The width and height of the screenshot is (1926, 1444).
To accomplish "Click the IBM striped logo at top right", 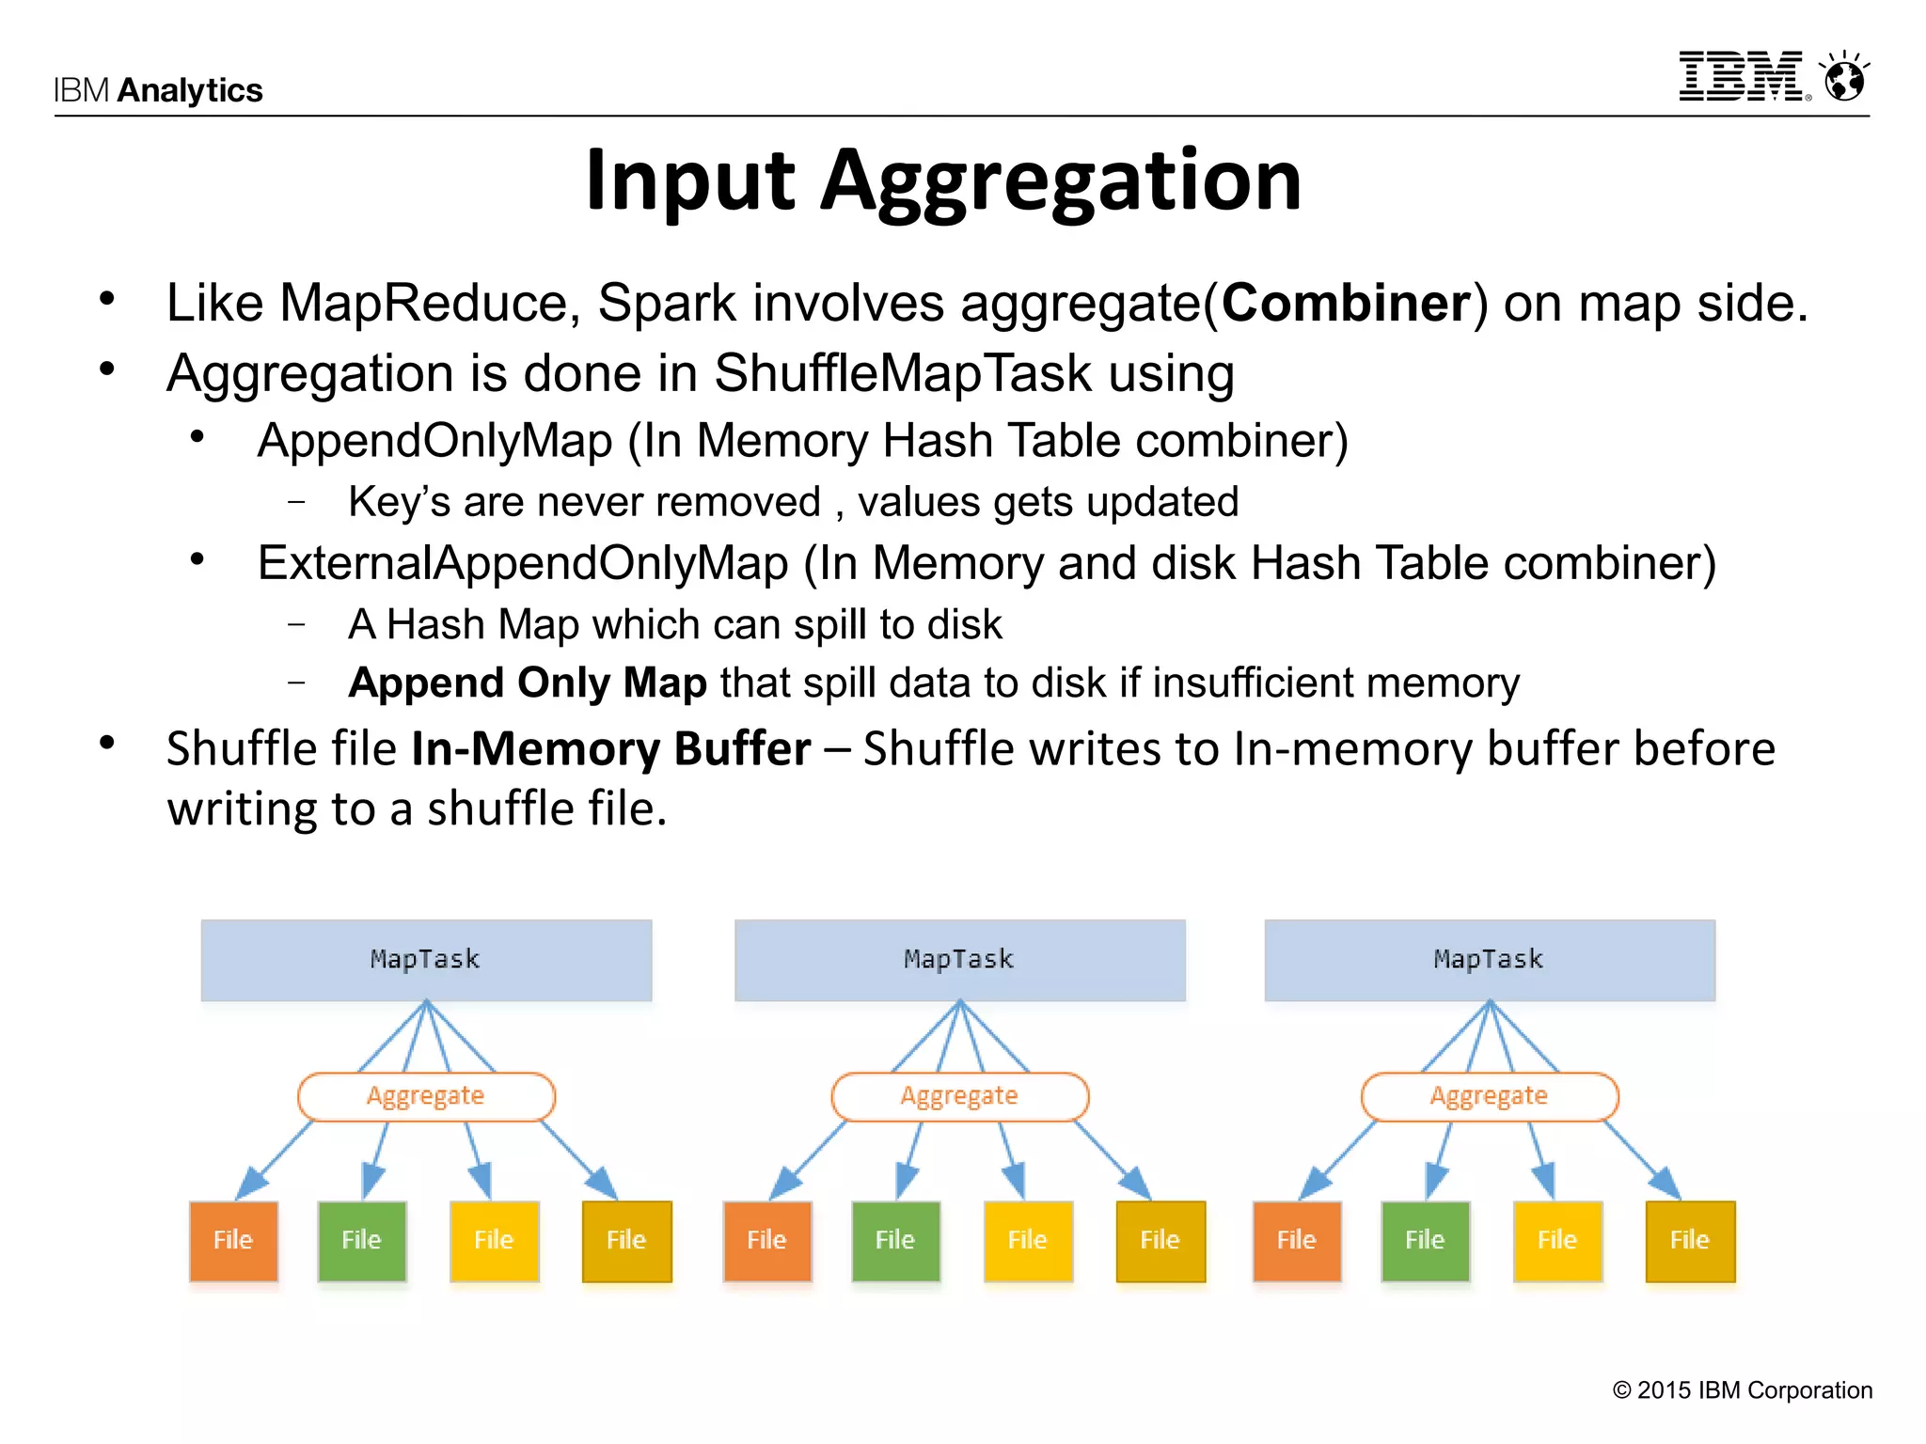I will point(1743,76).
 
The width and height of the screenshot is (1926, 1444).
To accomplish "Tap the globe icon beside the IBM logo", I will point(1845,77).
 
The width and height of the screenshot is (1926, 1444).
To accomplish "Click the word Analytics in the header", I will point(190,90).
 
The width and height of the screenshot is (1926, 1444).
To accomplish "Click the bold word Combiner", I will point(1346,303).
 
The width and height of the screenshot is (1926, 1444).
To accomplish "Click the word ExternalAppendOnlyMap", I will point(523,563).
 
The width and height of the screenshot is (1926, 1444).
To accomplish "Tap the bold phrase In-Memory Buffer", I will point(611,748).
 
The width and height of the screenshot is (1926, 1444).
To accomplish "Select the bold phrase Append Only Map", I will point(528,683).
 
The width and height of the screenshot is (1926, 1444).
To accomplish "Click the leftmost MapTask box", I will point(426,960).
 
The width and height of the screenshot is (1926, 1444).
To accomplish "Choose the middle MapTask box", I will point(959,960).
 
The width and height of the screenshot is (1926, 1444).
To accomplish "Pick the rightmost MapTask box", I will point(1490,960).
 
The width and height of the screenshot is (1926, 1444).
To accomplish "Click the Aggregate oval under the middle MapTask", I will point(959,1096).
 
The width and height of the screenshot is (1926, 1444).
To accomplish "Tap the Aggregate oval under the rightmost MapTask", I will point(1490,1096).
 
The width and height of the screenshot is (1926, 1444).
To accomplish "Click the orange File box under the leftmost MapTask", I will point(233,1241).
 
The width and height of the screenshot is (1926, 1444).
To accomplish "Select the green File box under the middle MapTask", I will point(895,1241).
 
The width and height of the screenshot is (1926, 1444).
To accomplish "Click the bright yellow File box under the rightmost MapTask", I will point(1557,1241).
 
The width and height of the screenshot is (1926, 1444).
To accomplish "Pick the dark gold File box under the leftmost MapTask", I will point(626,1241).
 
